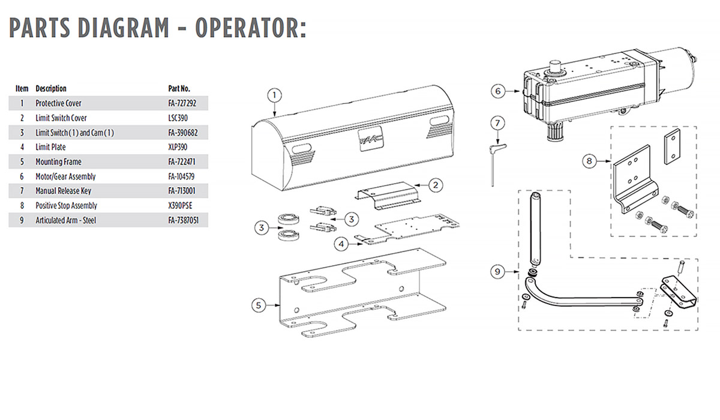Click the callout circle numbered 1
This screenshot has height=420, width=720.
[274, 94]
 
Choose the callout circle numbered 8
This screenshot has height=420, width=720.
[590, 160]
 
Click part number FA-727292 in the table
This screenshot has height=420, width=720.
[182, 103]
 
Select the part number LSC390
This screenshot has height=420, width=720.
[178, 118]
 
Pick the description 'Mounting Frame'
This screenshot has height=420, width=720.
[58, 162]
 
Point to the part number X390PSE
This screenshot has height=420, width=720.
[180, 206]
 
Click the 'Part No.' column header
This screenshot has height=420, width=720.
[180, 88]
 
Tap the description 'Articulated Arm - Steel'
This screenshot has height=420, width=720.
[65, 220]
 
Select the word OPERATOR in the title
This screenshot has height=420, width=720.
[246, 28]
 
